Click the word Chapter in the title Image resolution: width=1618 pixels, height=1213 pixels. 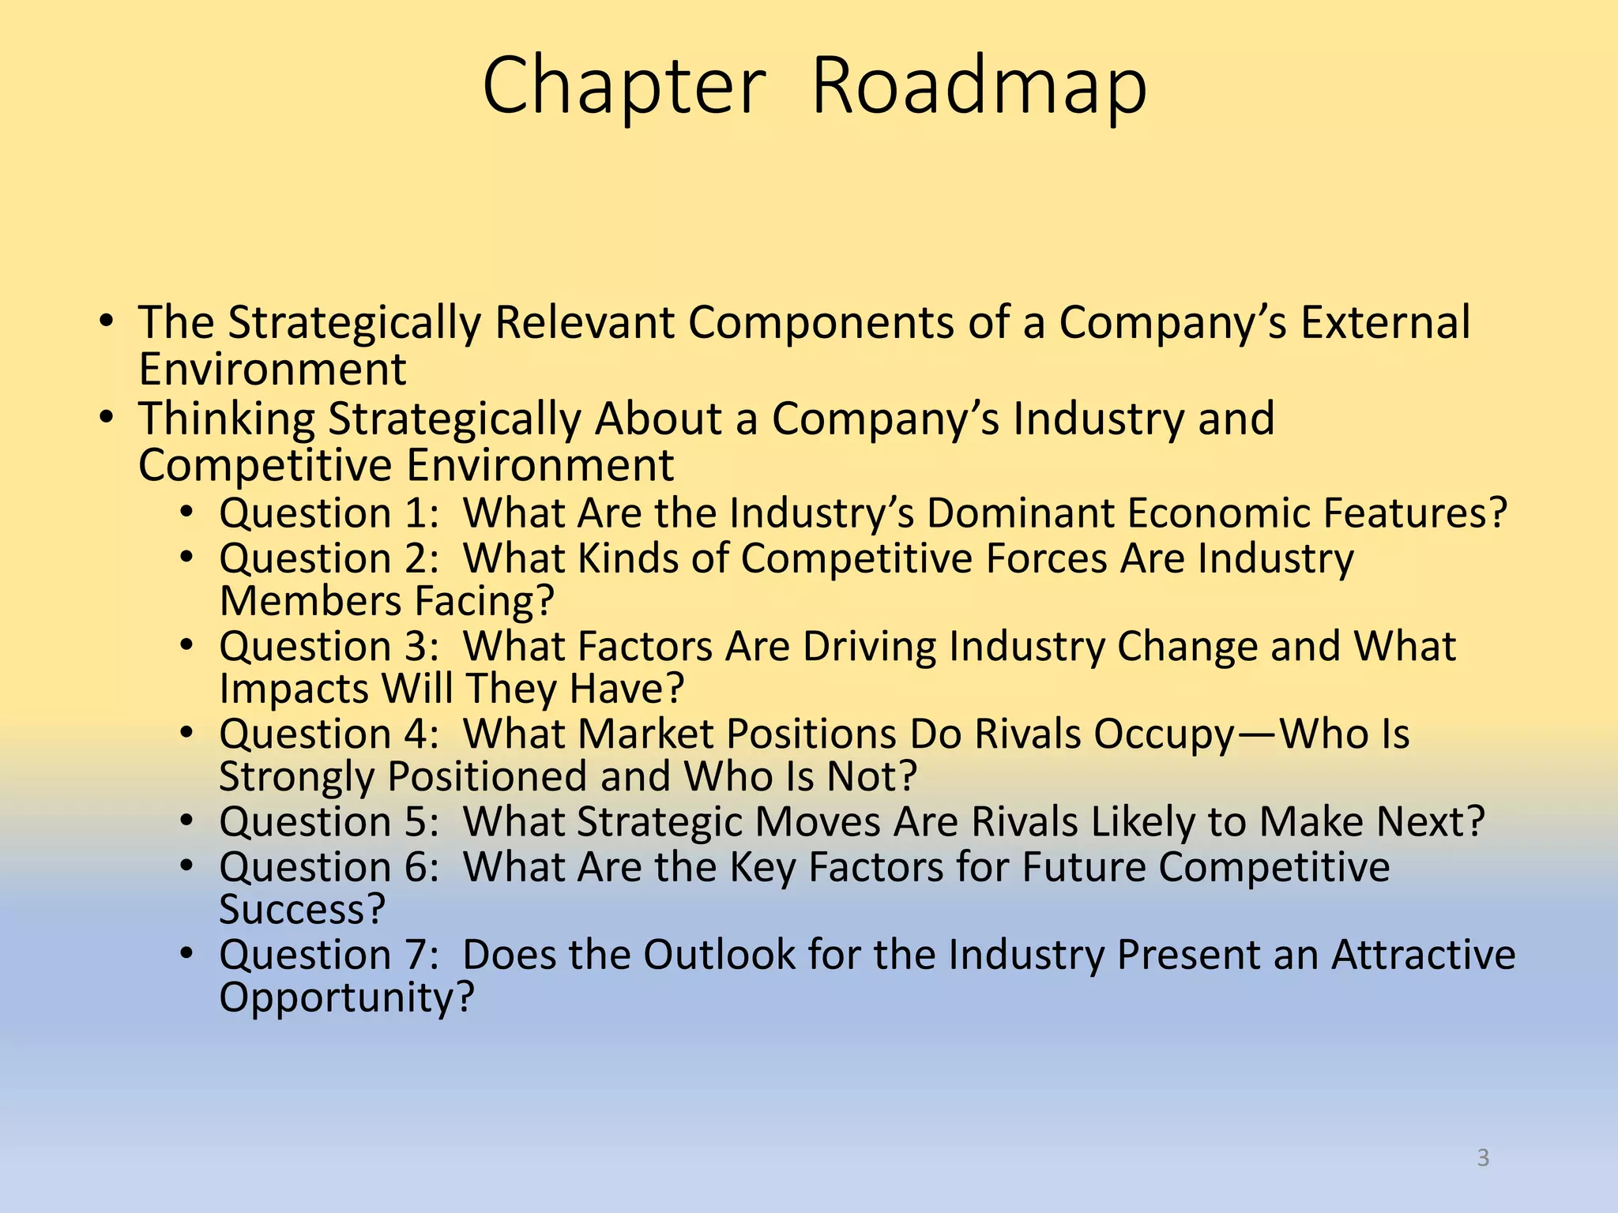[x=624, y=87]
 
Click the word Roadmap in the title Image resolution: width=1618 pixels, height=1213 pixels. [x=979, y=87]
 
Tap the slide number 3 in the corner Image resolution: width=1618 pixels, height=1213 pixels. [x=1483, y=1158]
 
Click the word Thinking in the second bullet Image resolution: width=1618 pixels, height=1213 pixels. [x=226, y=419]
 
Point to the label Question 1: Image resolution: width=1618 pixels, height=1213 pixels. [x=329, y=513]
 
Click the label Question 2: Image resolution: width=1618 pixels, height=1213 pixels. [x=329, y=558]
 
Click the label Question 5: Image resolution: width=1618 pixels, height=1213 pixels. [x=329, y=822]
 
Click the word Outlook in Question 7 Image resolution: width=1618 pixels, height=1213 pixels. [x=719, y=955]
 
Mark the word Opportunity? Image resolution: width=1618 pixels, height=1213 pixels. [x=346, y=997]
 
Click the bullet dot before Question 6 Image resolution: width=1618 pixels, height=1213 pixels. [x=186, y=867]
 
